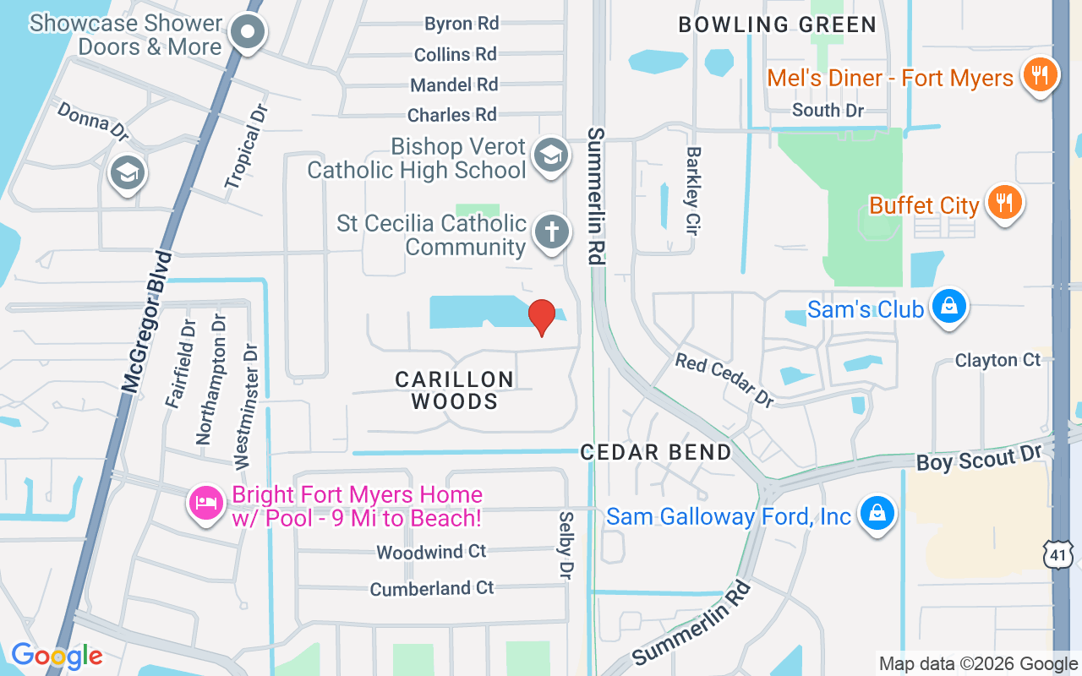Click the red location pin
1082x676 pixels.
click(x=541, y=317)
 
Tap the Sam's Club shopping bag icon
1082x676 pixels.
click(x=949, y=306)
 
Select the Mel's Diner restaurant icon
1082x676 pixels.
click(x=1041, y=76)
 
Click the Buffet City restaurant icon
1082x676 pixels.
click(x=1004, y=203)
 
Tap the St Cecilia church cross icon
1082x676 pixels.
click(x=551, y=232)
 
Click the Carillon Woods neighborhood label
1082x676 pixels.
click(x=455, y=390)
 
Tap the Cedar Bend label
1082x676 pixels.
click(x=656, y=452)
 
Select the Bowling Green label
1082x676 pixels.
click(x=778, y=25)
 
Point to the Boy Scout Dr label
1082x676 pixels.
click(x=979, y=459)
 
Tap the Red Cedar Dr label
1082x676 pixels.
click(x=724, y=379)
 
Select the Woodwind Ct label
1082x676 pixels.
click(x=431, y=552)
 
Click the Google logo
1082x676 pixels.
click(x=57, y=656)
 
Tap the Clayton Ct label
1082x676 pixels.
click(x=997, y=360)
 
